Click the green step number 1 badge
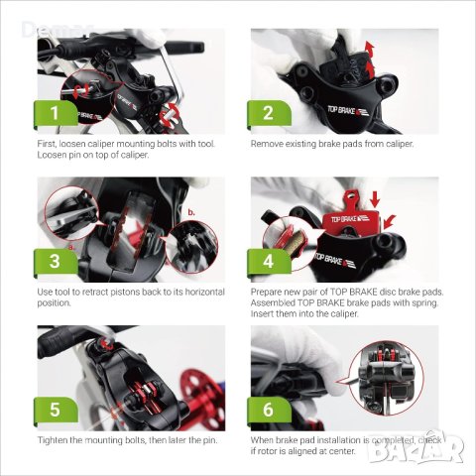[56, 113]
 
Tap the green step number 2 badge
[269, 113]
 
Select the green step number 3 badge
[56, 261]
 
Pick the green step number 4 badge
[269, 261]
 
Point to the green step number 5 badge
[56, 410]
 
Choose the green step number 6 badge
[269, 410]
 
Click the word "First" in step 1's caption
[46, 144]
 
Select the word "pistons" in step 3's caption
[125, 293]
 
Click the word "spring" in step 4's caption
[424, 303]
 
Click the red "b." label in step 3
[191, 212]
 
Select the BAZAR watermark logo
[416, 447]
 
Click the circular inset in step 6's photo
[386, 378]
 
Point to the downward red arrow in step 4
[375, 199]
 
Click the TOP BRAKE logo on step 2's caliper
[347, 111]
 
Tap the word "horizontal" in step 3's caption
[205, 293]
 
